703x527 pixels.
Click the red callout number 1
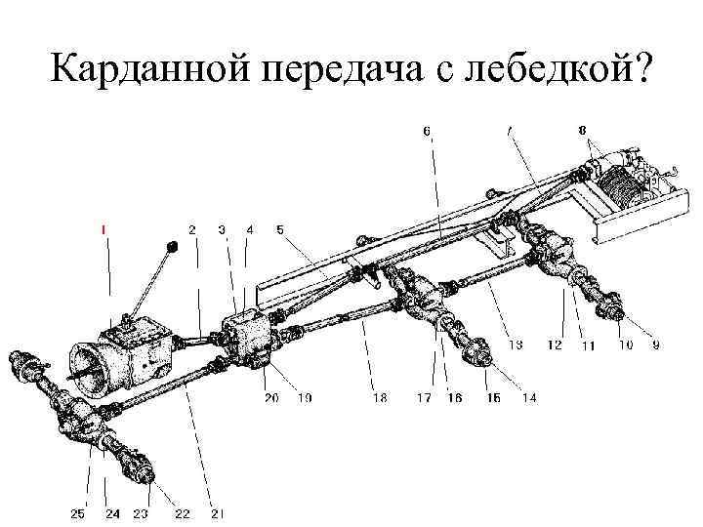[104, 229]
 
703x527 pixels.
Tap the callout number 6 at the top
[427, 130]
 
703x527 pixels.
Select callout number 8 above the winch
[582, 130]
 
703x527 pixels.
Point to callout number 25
[78, 513]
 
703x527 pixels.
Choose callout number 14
[530, 397]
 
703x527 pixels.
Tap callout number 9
[655, 345]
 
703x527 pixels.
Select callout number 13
[517, 345]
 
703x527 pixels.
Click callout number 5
[280, 229]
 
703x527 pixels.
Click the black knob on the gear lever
[172, 246]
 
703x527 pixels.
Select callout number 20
[270, 397]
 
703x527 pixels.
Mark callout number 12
[555, 345]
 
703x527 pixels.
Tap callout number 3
[222, 229]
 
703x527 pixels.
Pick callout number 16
[454, 397]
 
